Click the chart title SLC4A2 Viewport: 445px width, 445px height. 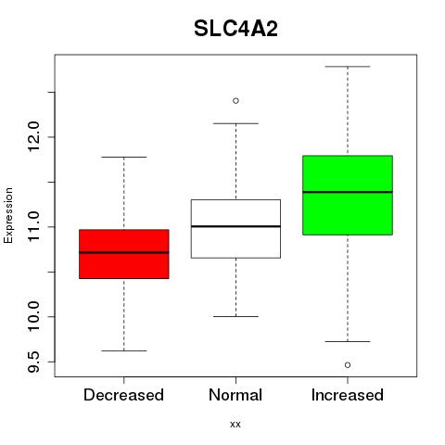coord(235,29)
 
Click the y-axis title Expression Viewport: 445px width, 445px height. coord(8,215)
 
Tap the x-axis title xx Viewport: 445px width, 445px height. coord(235,424)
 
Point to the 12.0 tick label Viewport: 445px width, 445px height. coord(33,137)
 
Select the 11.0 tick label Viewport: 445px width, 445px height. coord(33,227)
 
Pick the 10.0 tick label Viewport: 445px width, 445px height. coord(33,317)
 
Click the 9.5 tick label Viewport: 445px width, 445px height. coord(33,362)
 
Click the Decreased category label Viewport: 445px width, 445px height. coord(123,395)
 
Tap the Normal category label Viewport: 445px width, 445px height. coord(235,395)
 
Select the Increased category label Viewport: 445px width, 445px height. coord(348,395)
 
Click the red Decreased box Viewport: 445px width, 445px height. coord(124,254)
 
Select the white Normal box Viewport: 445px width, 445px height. coord(235,229)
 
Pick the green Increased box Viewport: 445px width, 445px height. coord(348,196)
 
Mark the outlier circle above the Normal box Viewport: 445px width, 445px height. coord(235,101)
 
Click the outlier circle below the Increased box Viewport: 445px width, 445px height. coord(348,365)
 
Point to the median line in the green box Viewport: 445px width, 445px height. coord(348,192)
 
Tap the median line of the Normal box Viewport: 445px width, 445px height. coord(235,226)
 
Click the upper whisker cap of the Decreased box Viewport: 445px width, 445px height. coord(124,157)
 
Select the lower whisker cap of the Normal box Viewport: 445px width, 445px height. coord(235,316)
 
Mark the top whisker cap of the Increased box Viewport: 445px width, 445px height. coord(348,67)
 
